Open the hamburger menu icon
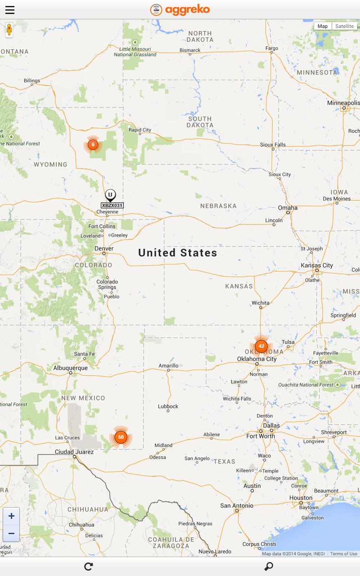pyautogui.click(x=10, y=10)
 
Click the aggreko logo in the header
pyautogui.click(x=180, y=9)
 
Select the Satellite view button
pyautogui.click(x=344, y=26)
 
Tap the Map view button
pyautogui.click(x=323, y=26)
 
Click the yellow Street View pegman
pyautogui.click(x=9, y=30)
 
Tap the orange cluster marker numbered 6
pyautogui.click(x=93, y=144)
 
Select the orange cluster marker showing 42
pyautogui.click(x=261, y=346)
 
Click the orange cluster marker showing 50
pyautogui.click(x=121, y=437)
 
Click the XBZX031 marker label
pyautogui.click(x=112, y=205)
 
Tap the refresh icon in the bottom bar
pyautogui.click(x=89, y=567)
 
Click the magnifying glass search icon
pyautogui.click(x=269, y=567)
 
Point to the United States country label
pyautogui.click(x=178, y=253)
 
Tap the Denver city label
pyautogui.click(x=104, y=248)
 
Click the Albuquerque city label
pyautogui.click(x=71, y=368)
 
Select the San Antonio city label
pyautogui.click(x=237, y=505)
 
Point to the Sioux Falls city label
pyautogui.click(x=273, y=144)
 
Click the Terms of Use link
pyautogui.click(x=343, y=553)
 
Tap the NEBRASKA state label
pyautogui.click(x=218, y=206)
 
